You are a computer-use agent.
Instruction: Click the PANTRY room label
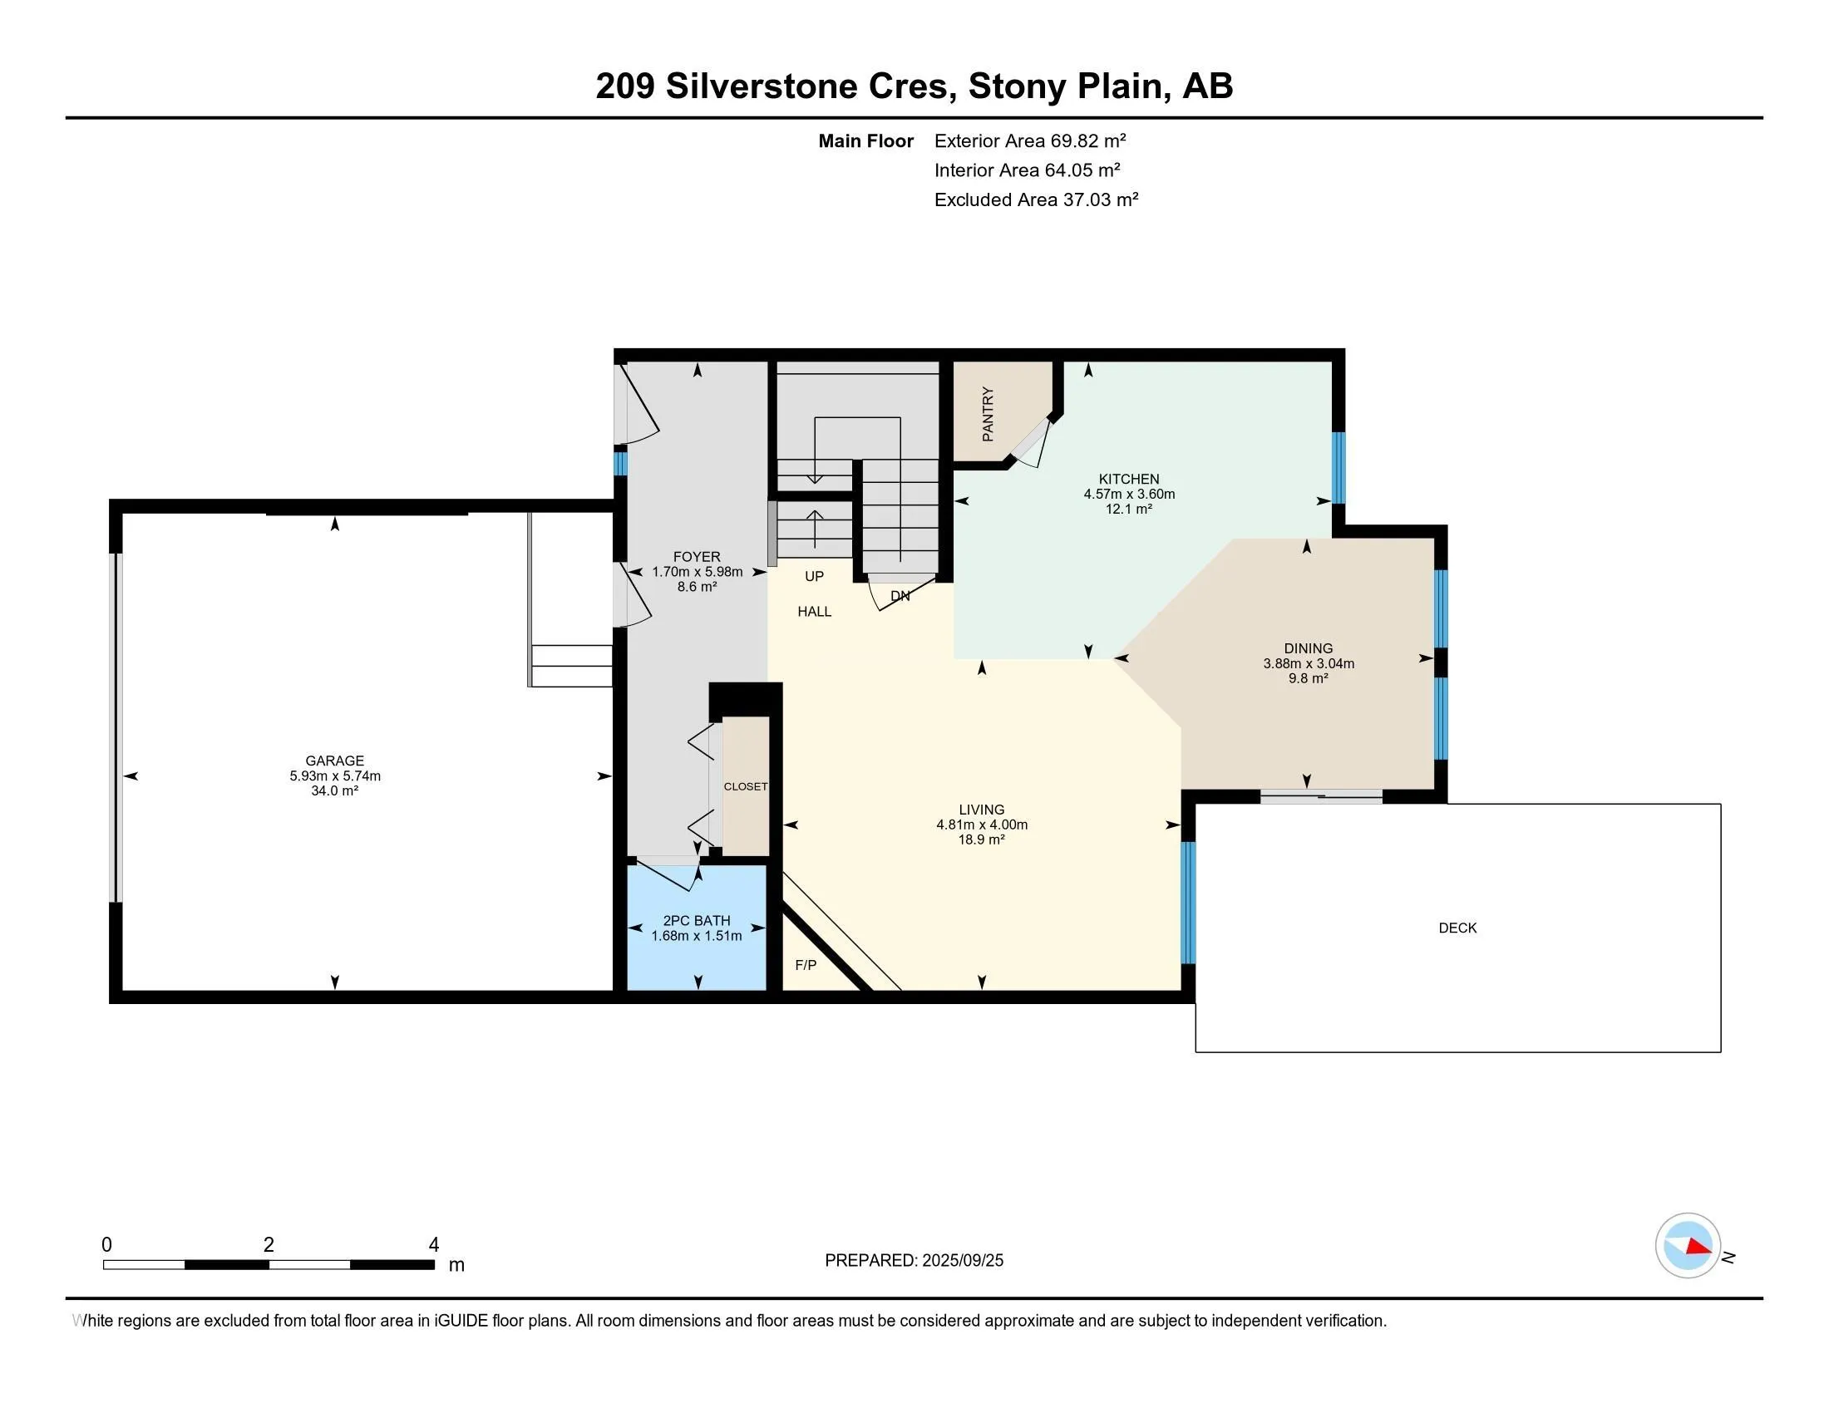pyautogui.click(x=988, y=415)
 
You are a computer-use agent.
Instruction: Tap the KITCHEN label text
pyautogui.click(x=1129, y=479)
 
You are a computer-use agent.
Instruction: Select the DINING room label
pyautogui.click(x=1308, y=648)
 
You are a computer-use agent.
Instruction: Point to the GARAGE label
pyautogui.click(x=334, y=760)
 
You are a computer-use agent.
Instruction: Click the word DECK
pyautogui.click(x=1457, y=928)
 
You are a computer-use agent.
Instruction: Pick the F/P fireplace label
pyautogui.click(x=806, y=965)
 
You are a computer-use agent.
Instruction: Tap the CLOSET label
pyautogui.click(x=746, y=786)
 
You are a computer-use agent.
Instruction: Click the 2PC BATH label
pyautogui.click(x=697, y=920)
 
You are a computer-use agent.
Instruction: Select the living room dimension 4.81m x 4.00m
pyautogui.click(x=982, y=825)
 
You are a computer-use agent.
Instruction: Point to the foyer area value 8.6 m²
pyautogui.click(x=697, y=587)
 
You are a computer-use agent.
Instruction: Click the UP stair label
pyautogui.click(x=814, y=576)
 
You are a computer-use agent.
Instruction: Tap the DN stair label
pyautogui.click(x=900, y=596)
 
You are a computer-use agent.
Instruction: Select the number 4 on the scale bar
pyautogui.click(x=434, y=1245)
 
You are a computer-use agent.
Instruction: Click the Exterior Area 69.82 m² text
pyautogui.click(x=1030, y=140)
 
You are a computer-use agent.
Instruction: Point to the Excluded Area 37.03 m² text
pyautogui.click(x=1036, y=199)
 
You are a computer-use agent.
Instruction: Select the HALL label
pyautogui.click(x=814, y=611)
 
